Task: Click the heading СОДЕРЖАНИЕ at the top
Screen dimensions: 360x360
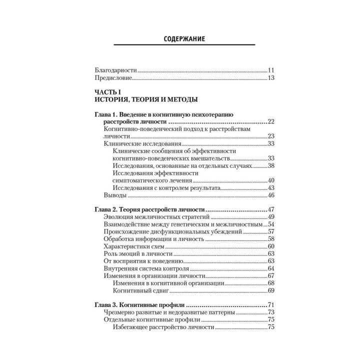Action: (x=184, y=38)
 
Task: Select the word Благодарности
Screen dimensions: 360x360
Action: (x=115, y=70)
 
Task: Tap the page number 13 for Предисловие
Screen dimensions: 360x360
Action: (x=272, y=78)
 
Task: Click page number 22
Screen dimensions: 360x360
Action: (x=272, y=121)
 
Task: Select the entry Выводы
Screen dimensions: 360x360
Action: (x=114, y=194)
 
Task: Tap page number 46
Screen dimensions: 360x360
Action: (x=272, y=195)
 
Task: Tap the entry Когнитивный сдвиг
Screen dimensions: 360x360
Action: (x=141, y=290)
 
